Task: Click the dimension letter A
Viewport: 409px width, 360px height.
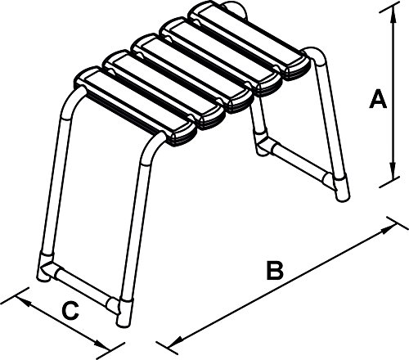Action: [x=378, y=100]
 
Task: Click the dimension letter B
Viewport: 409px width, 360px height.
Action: [x=275, y=271]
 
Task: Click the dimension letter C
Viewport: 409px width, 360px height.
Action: [x=70, y=311]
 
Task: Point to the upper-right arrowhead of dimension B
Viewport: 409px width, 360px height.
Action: [x=389, y=229]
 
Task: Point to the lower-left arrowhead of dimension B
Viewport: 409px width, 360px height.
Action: [x=176, y=341]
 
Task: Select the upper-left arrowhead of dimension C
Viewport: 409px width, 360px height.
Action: [x=23, y=301]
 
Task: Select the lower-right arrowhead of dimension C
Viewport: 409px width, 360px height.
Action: [x=101, y=344]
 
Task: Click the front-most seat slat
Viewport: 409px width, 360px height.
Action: [x=136, y=106]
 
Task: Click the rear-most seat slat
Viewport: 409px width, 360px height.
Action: [x=249, y=40]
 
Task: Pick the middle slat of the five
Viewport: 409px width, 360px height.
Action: [x=192, y=74]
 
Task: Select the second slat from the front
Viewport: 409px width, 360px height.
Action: [x=164, y=90]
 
